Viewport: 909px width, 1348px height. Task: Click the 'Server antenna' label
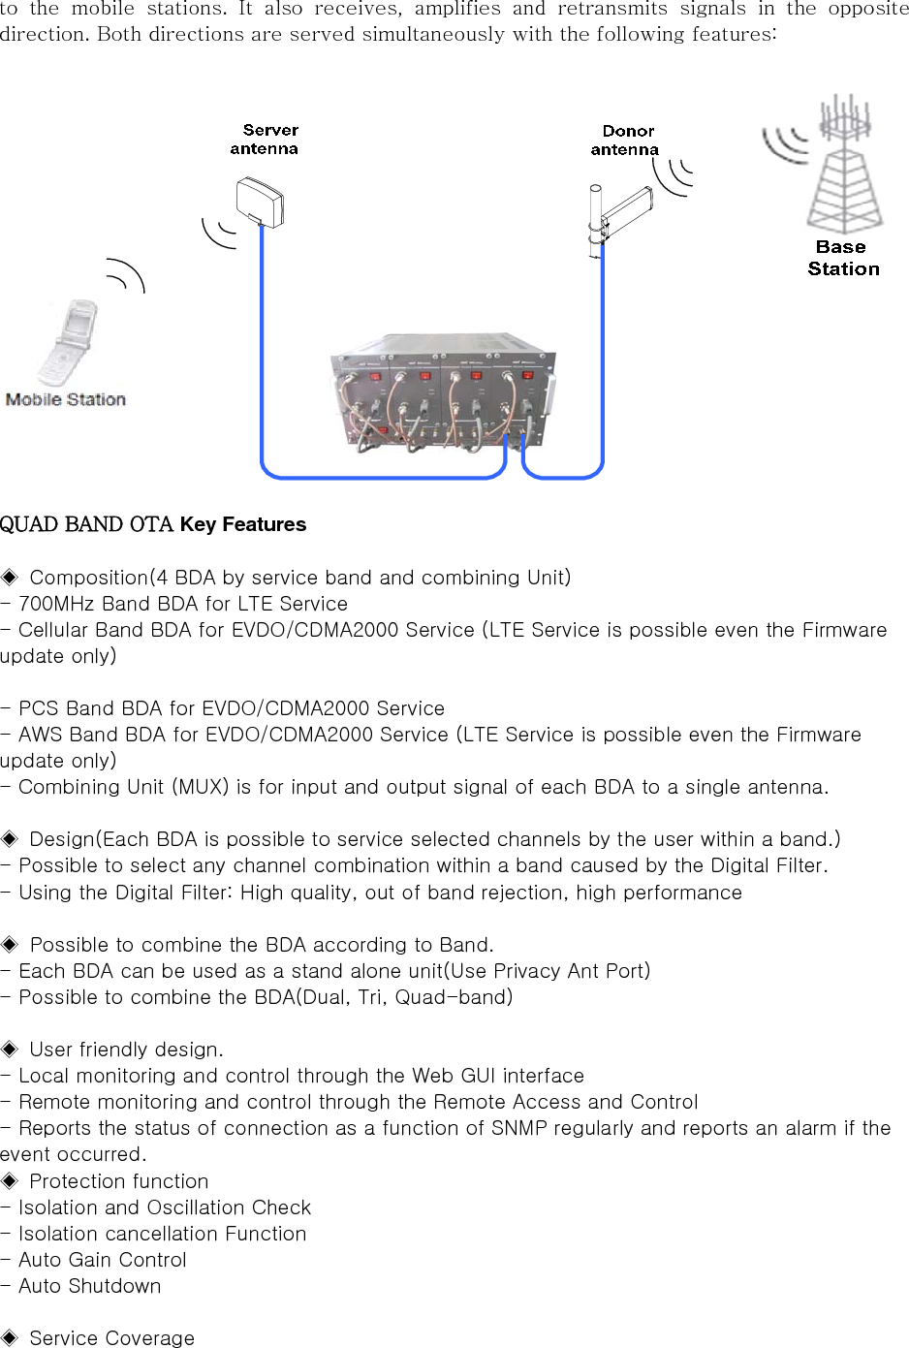coord(265,140)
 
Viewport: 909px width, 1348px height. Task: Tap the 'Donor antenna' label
coord(625,141)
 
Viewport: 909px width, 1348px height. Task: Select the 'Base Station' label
coord(843,258)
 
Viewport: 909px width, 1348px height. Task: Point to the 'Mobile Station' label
coord(66,399)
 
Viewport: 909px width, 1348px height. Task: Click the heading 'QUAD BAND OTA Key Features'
coord(153,524)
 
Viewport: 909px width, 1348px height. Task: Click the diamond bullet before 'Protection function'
coord(10,1180)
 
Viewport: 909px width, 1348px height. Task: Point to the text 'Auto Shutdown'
coord(90,1286)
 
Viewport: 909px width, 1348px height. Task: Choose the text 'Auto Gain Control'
coord(103,1260)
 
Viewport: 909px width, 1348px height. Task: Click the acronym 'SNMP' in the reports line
coord(522,1128)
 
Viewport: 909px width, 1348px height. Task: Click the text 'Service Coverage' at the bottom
coord(111,1338)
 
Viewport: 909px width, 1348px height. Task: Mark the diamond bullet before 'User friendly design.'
coord(10,1049)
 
